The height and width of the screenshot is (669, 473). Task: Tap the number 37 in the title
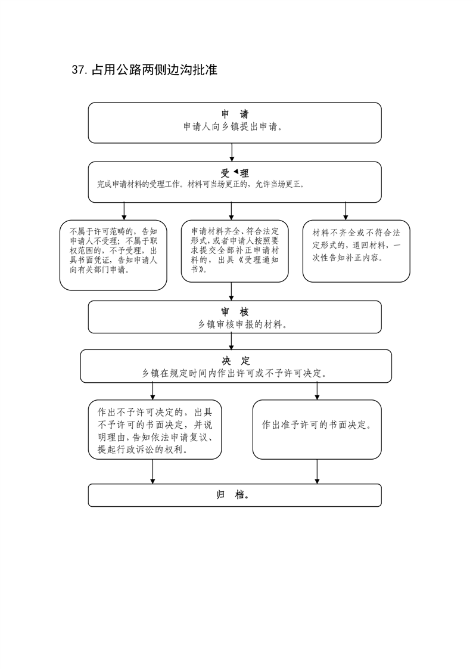click(79, 70)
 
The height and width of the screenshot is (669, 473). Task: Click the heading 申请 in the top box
click(235, 114)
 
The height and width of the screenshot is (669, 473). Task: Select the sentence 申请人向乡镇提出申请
click(233, 127)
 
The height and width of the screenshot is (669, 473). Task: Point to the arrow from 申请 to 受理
click(232, 152)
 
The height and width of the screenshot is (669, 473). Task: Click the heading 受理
click(235, 174)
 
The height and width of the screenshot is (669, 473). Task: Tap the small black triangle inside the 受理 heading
click(236, 172)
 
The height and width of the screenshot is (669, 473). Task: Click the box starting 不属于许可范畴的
click(113, 255)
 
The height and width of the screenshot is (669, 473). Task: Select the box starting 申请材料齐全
click(235, 251)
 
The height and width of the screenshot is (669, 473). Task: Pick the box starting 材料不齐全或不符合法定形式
click(356, 251)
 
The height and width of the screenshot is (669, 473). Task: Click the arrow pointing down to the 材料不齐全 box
click(346, 211)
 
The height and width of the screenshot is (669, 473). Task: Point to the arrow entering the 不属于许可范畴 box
click(124, 211)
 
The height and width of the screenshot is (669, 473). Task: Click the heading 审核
click(235, 312)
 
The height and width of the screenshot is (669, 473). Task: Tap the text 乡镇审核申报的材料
click(242, 325)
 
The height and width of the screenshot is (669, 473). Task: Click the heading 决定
click(236, 361)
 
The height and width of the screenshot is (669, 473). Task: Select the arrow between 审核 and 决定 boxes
click(231, 341)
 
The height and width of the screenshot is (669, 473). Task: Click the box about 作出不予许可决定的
click(155, 430)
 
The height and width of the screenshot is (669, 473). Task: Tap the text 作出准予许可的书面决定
click(316, 425)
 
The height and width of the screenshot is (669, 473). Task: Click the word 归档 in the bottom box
click(233, 495)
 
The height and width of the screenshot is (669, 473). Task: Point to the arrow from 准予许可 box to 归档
click(317, 472)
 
